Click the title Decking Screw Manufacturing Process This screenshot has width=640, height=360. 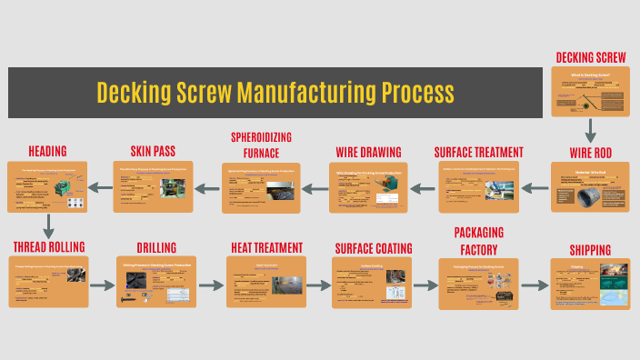point(275,93)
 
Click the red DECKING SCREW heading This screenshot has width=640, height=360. point(591,58)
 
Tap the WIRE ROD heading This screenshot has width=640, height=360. point(591,152)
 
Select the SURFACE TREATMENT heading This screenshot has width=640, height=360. point(478,152)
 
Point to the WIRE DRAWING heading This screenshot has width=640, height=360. point(368,152)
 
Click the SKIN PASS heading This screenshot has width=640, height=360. point(152,150)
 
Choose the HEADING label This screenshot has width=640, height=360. point(47,150)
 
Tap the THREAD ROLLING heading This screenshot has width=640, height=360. point(48,246)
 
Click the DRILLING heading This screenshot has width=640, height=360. point(156,247)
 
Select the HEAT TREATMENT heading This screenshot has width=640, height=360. point(265,247)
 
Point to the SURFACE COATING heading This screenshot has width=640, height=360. point(373,247)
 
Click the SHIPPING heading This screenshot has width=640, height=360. point(590,250)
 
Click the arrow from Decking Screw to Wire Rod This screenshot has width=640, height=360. point(591,130)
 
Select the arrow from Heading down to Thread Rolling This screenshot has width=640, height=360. point(46,225)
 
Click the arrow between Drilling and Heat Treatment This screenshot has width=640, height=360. point(211,285)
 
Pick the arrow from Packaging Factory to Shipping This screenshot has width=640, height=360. point(535,285)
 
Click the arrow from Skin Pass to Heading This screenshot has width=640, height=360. point(102,189)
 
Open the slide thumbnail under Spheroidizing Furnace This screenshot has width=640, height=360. point(261,188)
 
